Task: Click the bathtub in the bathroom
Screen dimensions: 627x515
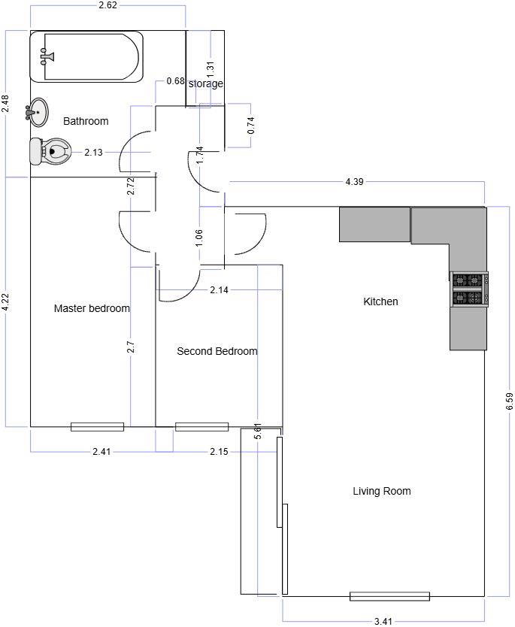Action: [86, 56]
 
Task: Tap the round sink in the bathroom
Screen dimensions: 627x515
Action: [38, 112]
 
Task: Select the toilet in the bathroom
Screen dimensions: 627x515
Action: [49, 151]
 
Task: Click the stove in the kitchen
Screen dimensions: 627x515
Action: [469, 289]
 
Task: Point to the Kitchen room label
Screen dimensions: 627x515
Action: [380, 301]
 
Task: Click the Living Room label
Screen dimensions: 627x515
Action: [382, 491]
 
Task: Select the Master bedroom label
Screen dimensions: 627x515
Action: [92, 308]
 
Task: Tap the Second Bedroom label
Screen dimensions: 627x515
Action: [217, 351]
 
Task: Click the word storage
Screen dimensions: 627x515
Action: [205, 83]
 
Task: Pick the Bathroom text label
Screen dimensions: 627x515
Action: [86, 121]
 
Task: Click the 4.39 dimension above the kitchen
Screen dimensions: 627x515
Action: [355, 181]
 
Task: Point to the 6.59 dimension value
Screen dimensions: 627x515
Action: [509, 401]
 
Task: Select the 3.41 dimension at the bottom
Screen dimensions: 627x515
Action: [383, 621]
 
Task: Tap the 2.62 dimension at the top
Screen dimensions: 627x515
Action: [108, 6]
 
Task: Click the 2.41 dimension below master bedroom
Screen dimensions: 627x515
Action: [101, 451]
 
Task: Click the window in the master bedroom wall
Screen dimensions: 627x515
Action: [97, 427]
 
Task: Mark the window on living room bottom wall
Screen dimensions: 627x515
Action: [389, 596]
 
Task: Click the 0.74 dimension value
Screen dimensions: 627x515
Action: [251, 125]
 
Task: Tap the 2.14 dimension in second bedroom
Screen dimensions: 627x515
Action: [220, 289]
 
